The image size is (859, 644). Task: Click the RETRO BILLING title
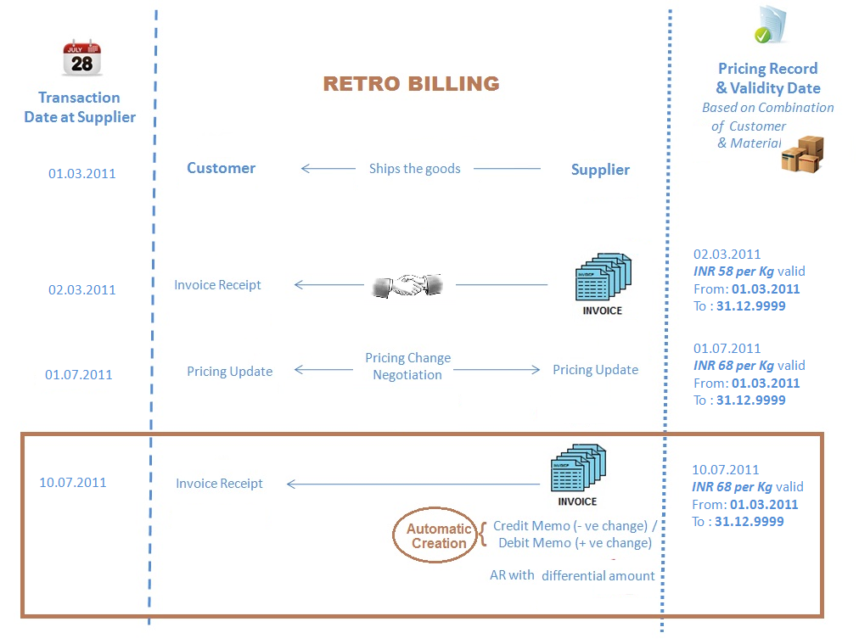(x=411, y=83)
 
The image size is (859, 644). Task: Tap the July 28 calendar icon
(x=81, y=58)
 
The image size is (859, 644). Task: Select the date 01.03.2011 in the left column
(x=81, y=174)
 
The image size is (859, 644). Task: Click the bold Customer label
(x=221, y=168)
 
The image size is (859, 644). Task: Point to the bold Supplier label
(x=600, y=170)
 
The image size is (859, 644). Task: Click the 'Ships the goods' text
(x=414, y=169)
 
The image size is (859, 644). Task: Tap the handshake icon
(x=409, y=285)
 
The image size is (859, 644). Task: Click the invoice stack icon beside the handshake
(x=602, y=280)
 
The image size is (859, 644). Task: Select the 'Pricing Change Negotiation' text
(x=407, y=367)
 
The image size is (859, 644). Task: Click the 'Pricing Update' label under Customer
(x=229, y=372)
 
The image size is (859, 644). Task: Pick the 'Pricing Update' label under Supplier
(x=595, y=370)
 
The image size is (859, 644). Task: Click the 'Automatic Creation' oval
(x=438, y=536)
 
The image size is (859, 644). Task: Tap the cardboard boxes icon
(x=802, y=154)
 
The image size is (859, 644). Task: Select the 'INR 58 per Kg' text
(x=733, y=272)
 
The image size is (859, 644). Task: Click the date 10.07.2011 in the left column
(x=73, y=483)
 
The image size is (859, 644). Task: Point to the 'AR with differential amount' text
(x=572, y=575)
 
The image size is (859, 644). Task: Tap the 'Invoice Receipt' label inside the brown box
(x=219, y=484)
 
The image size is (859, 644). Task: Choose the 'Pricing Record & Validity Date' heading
(x=767, y=78)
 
